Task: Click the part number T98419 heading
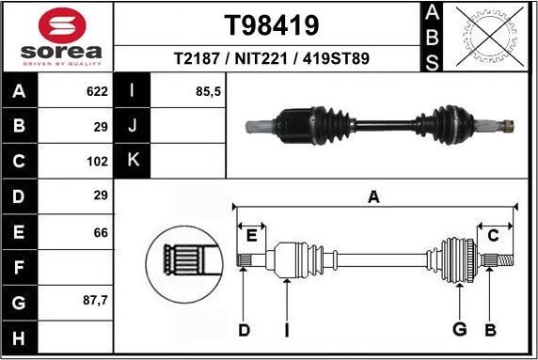coord(271,23)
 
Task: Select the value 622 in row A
coord(96,92)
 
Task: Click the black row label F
coord(21,268)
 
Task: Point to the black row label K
coord(133,160)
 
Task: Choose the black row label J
coord(133,126)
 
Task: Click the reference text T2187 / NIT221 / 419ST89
coord(271,58)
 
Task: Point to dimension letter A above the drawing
coord(373,197)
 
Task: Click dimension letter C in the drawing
coord(492,235)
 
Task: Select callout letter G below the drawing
coord(459,329)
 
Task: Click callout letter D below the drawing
coord(244,329)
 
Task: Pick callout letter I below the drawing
coord(287,329)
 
